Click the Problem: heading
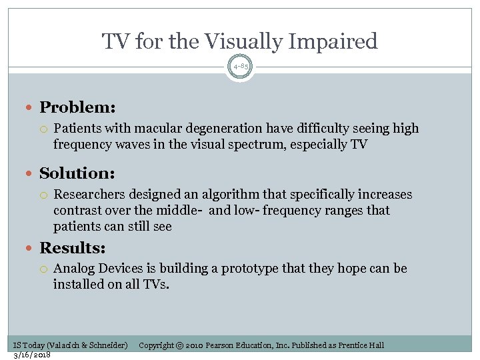point(77,107)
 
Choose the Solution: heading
point(77,173)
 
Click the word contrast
point(77,211)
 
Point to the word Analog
point(74,269)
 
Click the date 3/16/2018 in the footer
point(32,355)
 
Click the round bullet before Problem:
point(32,107)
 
